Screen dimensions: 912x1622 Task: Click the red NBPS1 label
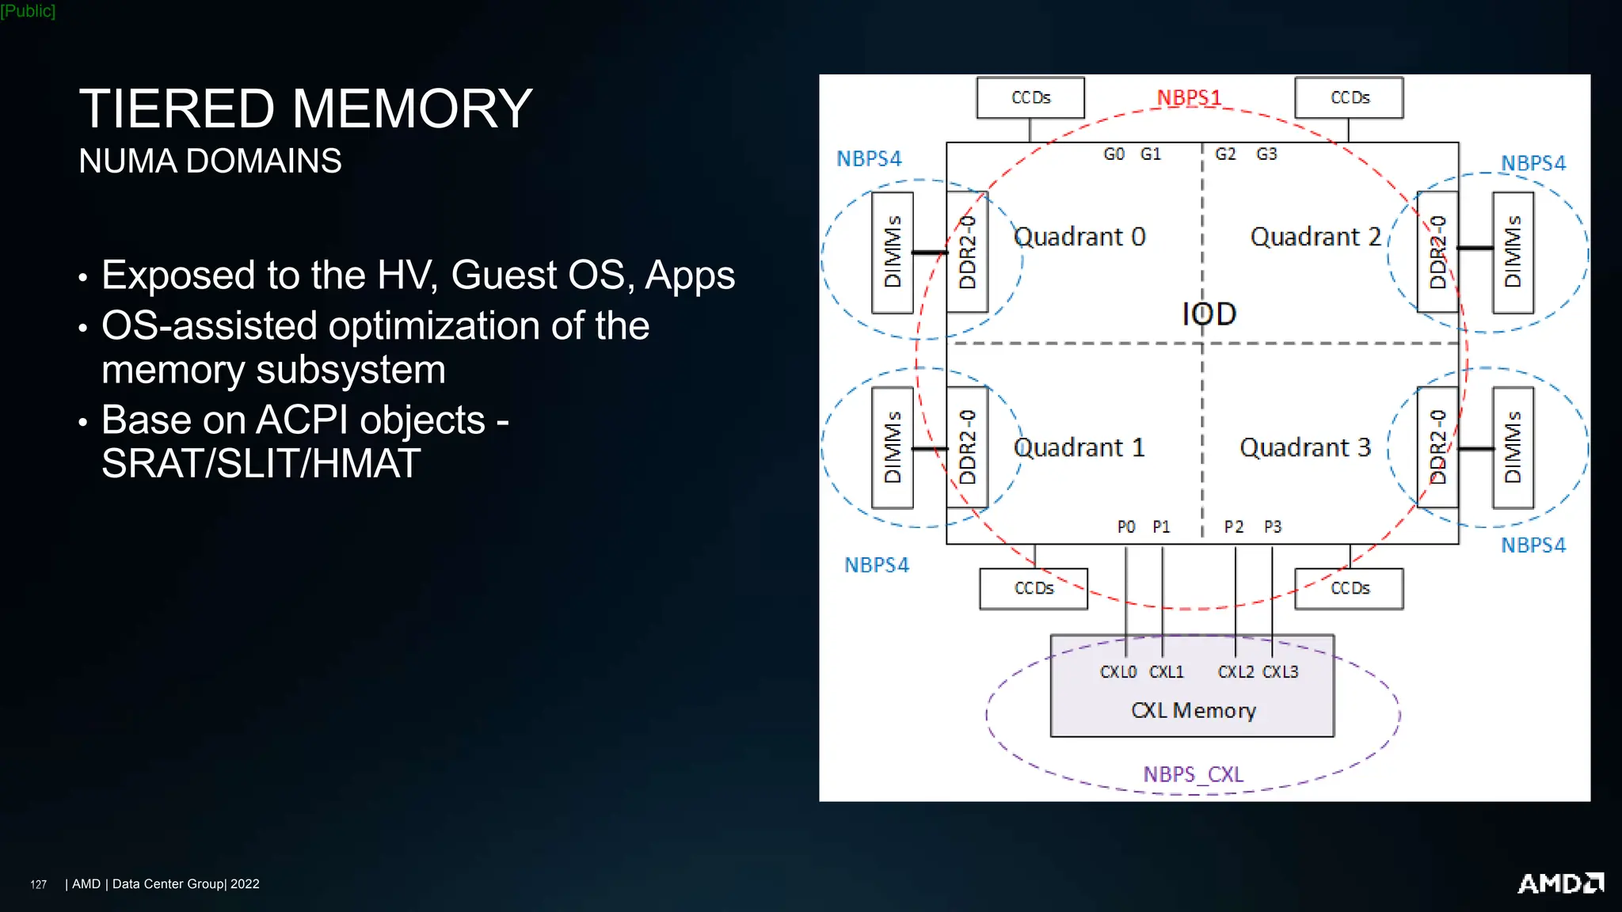coord(1189,98)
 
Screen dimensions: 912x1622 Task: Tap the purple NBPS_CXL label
coord(1193,773)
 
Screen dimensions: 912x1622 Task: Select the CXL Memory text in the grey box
coord(1193,710)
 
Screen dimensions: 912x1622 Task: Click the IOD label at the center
coord(1209,314)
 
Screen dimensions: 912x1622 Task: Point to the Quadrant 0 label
coord(1079,237)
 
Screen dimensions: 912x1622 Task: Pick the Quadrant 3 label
coord(1304,447)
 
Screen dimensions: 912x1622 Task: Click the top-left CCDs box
coord(1030,97)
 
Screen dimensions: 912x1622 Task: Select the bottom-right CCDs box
coord(1349,588)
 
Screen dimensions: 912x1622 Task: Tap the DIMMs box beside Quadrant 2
coord(1513,252)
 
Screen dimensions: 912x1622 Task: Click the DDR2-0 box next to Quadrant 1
coord(967,447)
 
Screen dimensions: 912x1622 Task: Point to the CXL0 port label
coord(1118,672)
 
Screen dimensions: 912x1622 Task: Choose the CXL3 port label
coord(1280,672)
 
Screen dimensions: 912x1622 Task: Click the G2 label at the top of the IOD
coord(1225,154)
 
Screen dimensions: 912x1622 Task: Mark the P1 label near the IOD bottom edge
coord(1161,526)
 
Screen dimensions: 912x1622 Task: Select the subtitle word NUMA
coord(127,161)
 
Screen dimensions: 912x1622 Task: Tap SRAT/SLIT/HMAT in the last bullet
coord(261,463)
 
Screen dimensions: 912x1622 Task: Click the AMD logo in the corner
coord(1559,883)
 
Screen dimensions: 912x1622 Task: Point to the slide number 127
coord(38,884)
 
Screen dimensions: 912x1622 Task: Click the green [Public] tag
coord(28,11)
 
